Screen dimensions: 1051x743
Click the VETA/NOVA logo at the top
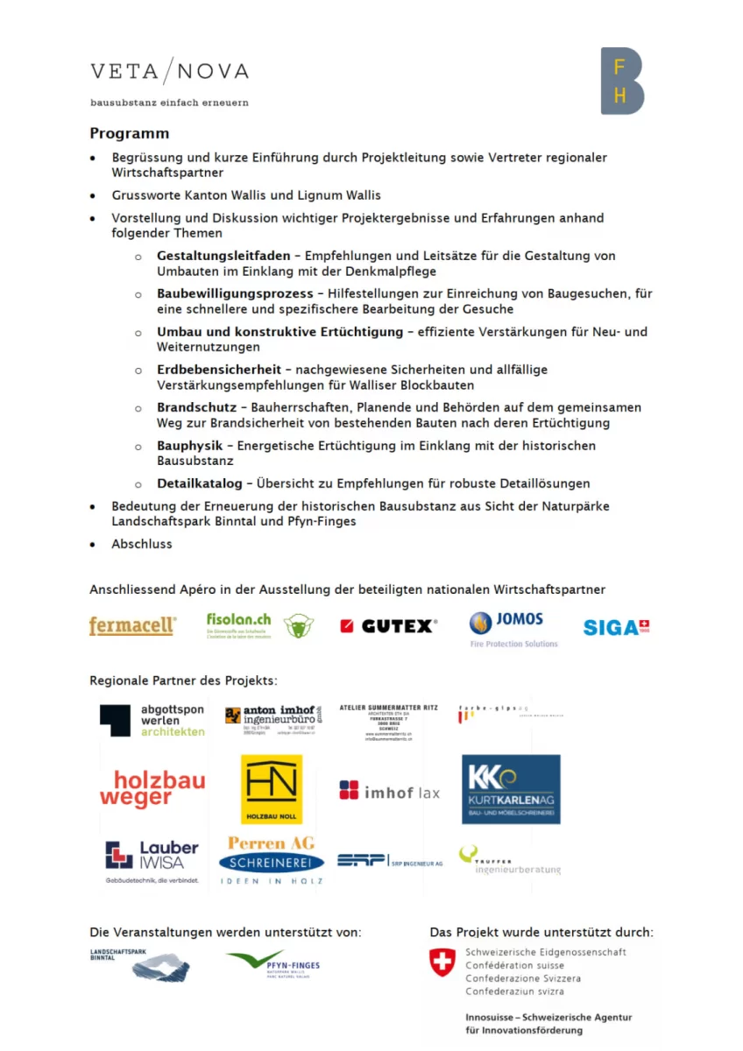click(169, 72)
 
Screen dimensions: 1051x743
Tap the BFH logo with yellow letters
click(621, 81)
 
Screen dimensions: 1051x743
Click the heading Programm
click(129, 134)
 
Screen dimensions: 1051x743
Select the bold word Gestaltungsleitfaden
click(223, 256)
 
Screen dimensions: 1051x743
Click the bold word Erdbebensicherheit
click(219, 370)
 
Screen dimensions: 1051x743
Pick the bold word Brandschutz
click(196, 408)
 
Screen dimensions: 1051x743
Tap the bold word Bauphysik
click(189, 446)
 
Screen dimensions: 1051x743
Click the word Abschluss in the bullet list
click(142, 544)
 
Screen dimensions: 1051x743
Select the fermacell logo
click(132, 625)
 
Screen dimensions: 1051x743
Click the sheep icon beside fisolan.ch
click(298, 625)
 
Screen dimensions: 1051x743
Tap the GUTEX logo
click(388, 625)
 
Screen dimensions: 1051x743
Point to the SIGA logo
click(616, 627)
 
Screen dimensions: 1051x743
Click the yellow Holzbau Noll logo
click(272, 789)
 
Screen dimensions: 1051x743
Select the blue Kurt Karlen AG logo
click(511, 789)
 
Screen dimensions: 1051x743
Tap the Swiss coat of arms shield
click(442, 963)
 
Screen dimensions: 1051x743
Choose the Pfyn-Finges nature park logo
click(272, 964)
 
